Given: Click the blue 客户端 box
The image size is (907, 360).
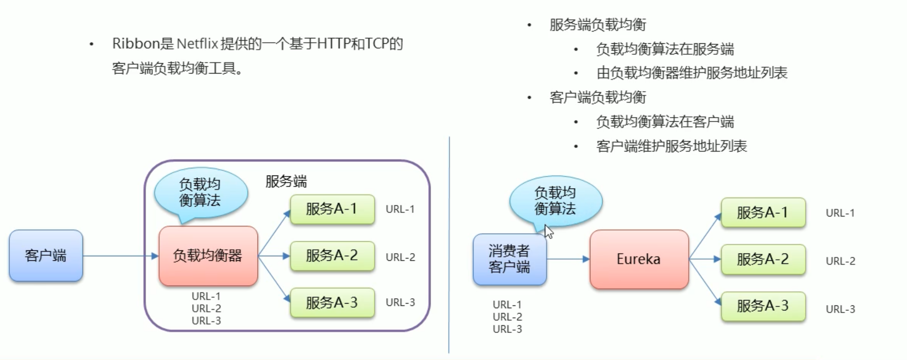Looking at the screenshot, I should [46, 255].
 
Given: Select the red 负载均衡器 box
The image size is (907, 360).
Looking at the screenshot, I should [208, 256].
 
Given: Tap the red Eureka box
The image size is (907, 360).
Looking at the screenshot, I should [639, 259].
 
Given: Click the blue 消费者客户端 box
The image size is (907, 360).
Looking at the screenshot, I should [509, 259].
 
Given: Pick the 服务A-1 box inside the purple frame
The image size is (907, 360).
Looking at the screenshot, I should [332, 209].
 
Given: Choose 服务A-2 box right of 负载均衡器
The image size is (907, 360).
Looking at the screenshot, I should [332, 256].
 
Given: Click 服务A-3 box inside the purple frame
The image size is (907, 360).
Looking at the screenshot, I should [332, 302].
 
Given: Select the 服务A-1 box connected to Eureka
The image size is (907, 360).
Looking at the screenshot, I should [763, 212].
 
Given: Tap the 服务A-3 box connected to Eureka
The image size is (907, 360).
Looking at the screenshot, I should [763, 306].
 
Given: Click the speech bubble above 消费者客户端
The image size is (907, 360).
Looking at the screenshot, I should [555, 201].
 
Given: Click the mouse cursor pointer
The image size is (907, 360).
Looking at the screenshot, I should [548, 231].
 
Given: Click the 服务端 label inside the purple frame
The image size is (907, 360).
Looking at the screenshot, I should [286, 181].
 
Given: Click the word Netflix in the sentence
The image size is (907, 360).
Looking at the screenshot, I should [197, 44].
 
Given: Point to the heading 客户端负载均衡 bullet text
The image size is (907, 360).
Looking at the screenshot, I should [598, 97].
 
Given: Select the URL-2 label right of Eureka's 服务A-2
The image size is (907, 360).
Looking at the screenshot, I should [840, 261].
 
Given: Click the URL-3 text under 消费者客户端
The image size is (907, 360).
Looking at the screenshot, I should [507, 329].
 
